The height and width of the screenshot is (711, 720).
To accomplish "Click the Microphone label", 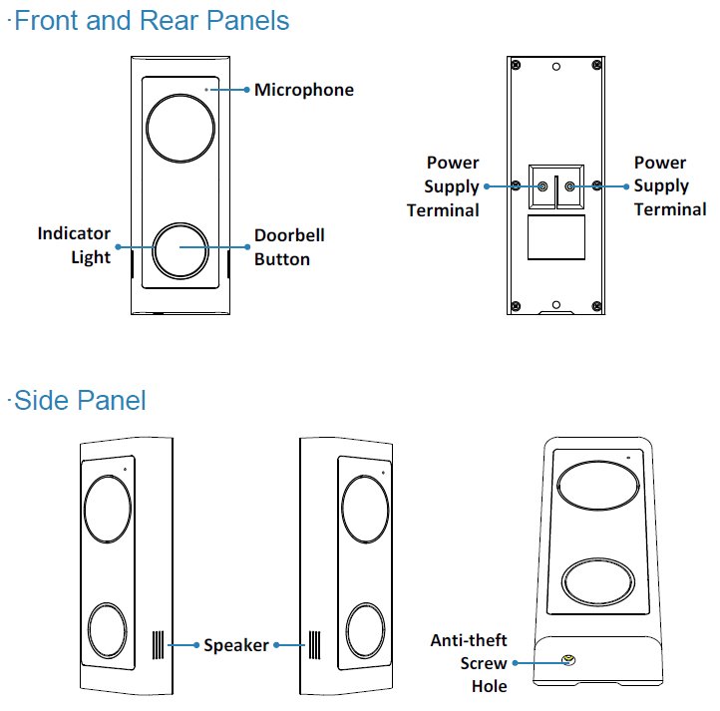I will coord(303,90).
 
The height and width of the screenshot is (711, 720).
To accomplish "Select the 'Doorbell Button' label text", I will coord(289,247).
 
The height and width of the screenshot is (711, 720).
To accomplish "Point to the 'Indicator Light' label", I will coord(74,245).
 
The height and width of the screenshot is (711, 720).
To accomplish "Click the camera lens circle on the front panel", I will coord(180,129).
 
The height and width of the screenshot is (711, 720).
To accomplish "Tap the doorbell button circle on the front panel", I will coord(180,248).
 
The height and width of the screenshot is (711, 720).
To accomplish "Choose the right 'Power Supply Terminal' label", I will coord(670,186).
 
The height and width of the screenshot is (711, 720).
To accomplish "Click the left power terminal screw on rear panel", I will coord(542,185).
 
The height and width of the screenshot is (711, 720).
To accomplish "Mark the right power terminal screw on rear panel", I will coord(569,185).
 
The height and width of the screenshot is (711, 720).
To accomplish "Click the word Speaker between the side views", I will coord(236,645).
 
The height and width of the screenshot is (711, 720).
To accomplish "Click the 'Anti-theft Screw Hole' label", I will coord(468,663).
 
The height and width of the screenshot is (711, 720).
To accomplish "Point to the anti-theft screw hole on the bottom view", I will coord(569,661).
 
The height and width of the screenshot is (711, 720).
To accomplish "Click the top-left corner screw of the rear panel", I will coord(516,66).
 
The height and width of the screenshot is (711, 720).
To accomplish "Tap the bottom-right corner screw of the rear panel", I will coord(596,305).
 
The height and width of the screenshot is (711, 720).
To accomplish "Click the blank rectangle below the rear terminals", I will coord(556,239).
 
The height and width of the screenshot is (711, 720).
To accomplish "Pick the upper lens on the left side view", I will coord(108,509).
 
